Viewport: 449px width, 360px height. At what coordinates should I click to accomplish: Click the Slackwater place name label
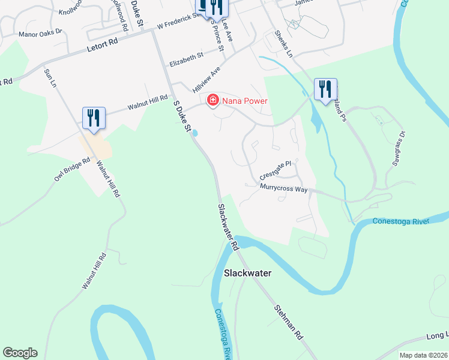247,273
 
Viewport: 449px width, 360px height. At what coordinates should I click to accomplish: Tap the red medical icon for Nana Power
212,100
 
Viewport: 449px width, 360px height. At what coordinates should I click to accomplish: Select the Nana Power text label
244,101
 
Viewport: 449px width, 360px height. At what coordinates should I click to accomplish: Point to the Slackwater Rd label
228,227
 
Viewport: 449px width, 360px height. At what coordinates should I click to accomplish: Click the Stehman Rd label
288,322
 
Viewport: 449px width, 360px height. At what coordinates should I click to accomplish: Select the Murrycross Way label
283,188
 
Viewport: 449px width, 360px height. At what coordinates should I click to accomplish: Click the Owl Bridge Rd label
71,170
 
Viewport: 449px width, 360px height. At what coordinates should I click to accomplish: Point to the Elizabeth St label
187,58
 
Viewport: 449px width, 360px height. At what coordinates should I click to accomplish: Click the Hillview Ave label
206,79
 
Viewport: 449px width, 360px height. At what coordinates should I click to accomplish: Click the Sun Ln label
50,79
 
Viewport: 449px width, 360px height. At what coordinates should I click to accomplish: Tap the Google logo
20,353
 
